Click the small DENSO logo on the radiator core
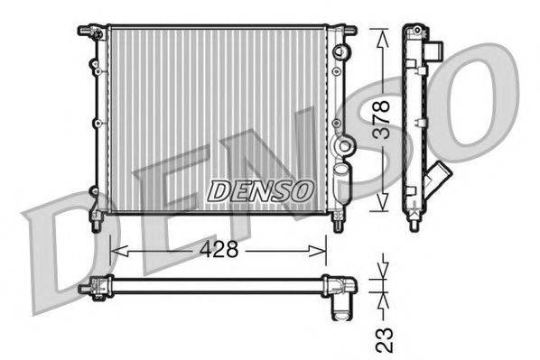coord(262,190)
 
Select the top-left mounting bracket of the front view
coord(90,32)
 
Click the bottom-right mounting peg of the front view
coord(338,221)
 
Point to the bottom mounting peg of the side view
coord(414,221)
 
